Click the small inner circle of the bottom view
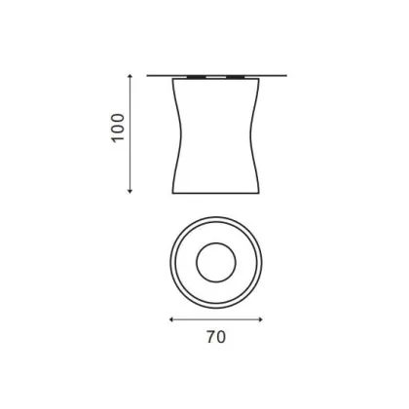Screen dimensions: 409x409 click(215, 262)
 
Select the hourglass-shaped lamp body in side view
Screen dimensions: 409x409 click(215, 136)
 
